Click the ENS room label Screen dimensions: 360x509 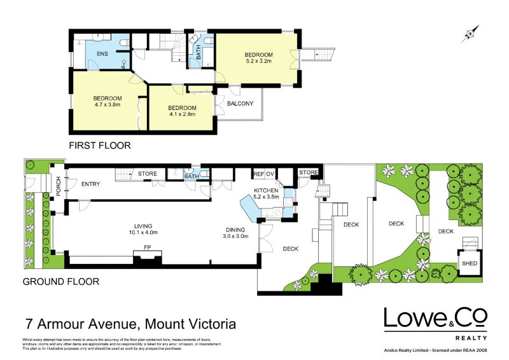pyautogui.click(x=102, y=53)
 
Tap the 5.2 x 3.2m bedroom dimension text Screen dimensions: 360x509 pyautogui.click(x=259, y=62)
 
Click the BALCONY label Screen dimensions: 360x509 pyautogui.click(x=240, y=104)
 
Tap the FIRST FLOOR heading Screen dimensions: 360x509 pyautogui.click(x=101, y=146)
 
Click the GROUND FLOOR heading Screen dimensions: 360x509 pyautogui.click(x=60, y=280)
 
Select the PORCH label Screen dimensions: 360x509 pyautogui.click(x=58, y=186)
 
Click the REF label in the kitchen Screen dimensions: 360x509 pyautogui.click(x=258, y=174)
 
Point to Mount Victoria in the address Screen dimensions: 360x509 pyautogui.click(x=191, y=324)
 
